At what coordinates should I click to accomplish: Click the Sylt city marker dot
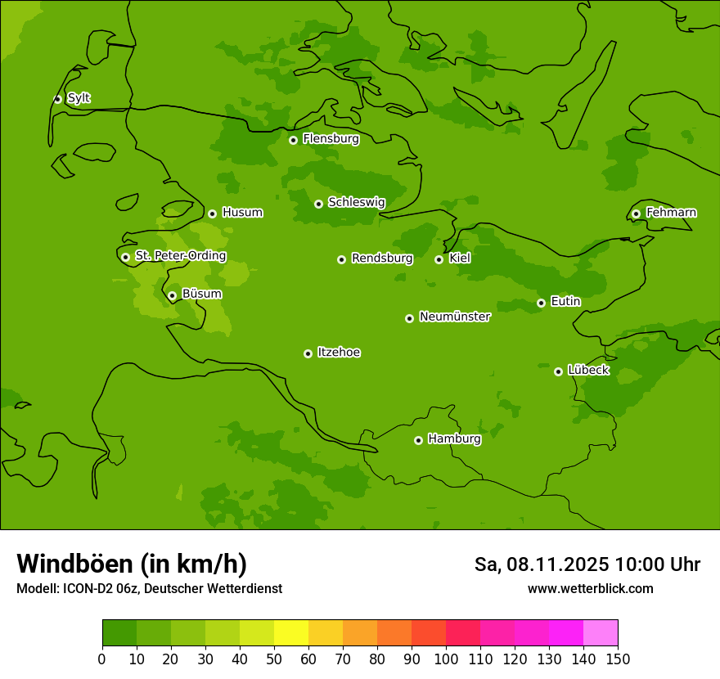pos(57,99)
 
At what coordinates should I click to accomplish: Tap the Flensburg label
pos(331,139)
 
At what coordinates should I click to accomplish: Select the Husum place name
pos(242,213)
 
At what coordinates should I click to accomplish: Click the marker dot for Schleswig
pos(318,204)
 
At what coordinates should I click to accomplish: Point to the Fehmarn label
pos(671,213)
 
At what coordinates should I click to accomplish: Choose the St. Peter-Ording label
pos(180,256)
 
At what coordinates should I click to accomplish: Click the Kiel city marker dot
pos(439,259)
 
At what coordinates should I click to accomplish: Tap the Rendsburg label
pos(382,259)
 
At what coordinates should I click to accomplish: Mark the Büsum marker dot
pos(172,295)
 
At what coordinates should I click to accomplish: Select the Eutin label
pos(565,302)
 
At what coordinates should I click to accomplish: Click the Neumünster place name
pos(454,317)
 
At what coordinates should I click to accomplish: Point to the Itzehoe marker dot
pos(308,353)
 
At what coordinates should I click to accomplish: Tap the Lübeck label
pos(588,371)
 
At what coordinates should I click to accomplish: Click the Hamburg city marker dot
pos(418,440)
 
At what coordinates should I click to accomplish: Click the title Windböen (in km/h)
pos(132,564)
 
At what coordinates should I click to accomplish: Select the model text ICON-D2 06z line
pos(149,589)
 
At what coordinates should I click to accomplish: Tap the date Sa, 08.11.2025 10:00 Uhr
pos(587,564)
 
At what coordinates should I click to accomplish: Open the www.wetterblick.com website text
pos(590,589)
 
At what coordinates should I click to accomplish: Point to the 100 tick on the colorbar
pos(446,659)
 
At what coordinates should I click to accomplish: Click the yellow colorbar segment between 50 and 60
pos(291,633)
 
